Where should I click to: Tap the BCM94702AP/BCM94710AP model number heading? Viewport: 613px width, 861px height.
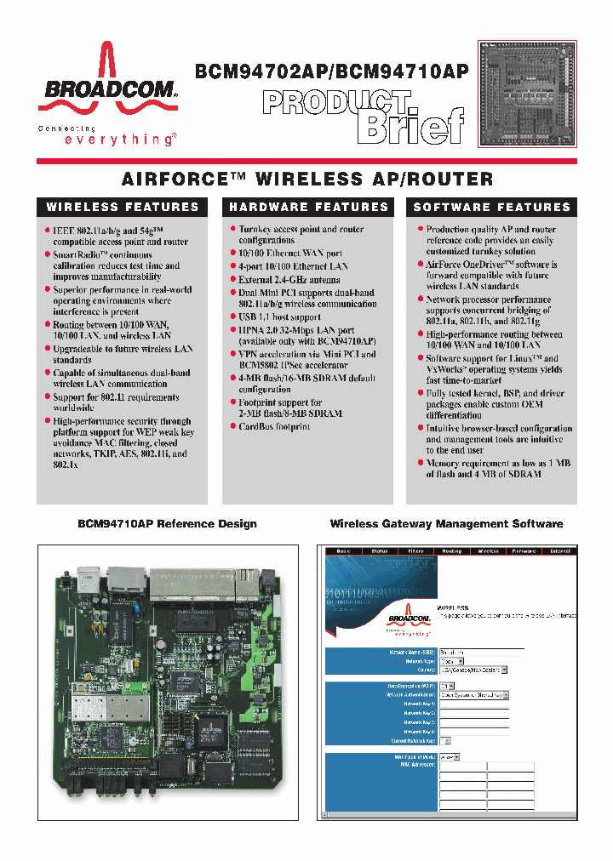pyautogui.click(x=332, y=72)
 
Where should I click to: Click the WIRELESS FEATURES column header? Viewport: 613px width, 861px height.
pyautogui.click(x=123, y=207)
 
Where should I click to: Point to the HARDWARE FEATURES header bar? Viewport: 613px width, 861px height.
pyautogui.click(x=308, y=207)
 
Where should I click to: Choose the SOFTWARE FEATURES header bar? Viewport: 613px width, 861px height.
pyautogui.click(x=492, y=207)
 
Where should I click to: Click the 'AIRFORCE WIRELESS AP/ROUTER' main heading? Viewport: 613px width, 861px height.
pyautogui.click(x=307, y=180)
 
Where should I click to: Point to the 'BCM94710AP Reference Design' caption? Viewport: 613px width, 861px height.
pyautogui.click(x=167, y=523)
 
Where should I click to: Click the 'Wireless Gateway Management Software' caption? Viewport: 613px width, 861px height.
pyautogui.click(x=446, y=523)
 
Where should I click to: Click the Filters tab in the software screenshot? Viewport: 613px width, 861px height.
pyautogui.click(x=415, y=551)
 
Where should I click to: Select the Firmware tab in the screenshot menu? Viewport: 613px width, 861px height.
pyautogui.click(x=524, y=551)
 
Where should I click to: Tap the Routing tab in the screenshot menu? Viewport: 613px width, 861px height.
pyautogui.click(x=451, y=551)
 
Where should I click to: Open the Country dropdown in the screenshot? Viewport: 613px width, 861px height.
pyautogui.click(x=473, y=670)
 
